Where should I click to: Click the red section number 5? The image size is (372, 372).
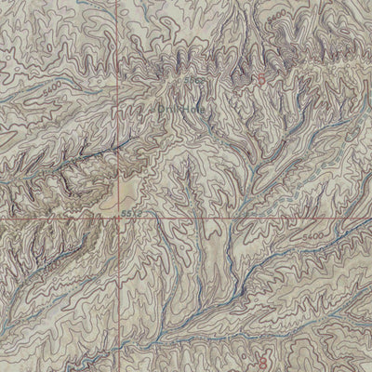261,79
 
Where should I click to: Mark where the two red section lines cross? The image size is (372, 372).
119,220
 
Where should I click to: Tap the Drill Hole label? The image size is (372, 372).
167,106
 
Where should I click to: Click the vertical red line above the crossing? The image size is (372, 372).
119,139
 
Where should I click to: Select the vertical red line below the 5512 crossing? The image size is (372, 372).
119,298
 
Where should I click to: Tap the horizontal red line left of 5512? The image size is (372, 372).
56,220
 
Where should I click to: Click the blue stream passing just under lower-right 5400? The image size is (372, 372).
316,249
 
